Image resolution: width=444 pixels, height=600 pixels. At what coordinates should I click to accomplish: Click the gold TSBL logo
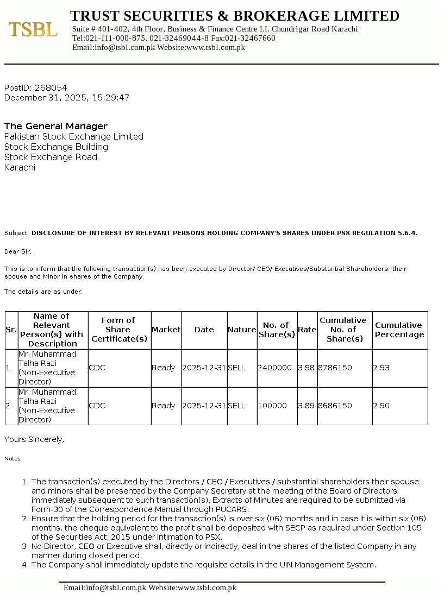[x=33, y=29]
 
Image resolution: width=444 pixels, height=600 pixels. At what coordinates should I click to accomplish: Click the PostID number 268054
[x=51, y=87]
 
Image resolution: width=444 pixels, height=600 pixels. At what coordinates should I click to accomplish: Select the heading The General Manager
[x=56, y=126]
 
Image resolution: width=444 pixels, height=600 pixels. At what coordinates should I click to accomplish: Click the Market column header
[x=166, y=330]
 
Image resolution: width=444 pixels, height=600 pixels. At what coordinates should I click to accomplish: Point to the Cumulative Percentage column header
[x=399, y=330]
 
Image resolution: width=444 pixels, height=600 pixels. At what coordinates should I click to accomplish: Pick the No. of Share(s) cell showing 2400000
[x=274, y=368]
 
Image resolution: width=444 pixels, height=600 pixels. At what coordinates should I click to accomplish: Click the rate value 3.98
[x=307, y=368]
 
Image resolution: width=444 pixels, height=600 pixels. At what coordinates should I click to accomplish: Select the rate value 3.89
[x=307, y=406]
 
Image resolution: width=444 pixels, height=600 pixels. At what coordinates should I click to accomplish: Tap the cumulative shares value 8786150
[x=335, y=368]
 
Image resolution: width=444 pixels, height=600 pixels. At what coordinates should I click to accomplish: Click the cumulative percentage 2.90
[x=381, y=406]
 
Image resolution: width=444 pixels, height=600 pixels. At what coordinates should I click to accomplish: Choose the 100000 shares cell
[x=272, y=406]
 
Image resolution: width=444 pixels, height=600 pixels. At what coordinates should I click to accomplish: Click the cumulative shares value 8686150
[x=335, y=406]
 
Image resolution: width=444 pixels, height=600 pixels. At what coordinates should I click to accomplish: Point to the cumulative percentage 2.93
[x=381, y=368]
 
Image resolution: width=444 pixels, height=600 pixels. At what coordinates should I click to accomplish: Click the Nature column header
[x=242, y=330]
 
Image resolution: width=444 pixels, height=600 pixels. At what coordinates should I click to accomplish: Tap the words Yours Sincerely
[x=34, y=439]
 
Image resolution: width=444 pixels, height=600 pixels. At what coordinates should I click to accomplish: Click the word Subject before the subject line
[x=16, y=233]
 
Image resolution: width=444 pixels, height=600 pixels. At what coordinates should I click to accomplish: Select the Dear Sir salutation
[x=18, y=251]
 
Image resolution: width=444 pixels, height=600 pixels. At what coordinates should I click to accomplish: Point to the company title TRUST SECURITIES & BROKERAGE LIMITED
[x=235, y=16]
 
